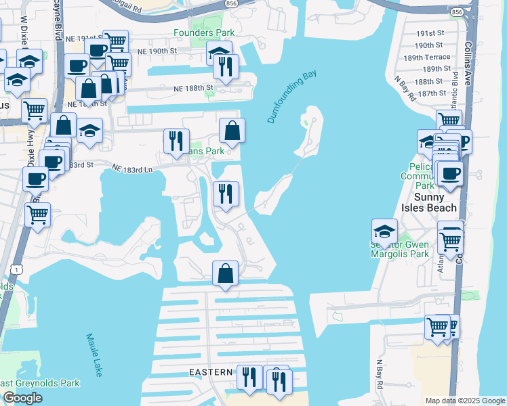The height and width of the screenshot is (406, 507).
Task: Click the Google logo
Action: pos(22,397)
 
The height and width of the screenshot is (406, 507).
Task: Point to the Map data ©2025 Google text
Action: pos(465,401)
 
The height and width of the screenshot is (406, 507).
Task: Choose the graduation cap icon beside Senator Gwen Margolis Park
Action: pos(384,231)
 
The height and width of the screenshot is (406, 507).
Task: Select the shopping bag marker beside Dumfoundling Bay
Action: pos(232,131)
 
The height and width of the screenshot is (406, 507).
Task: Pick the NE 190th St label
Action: pos(155,51)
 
